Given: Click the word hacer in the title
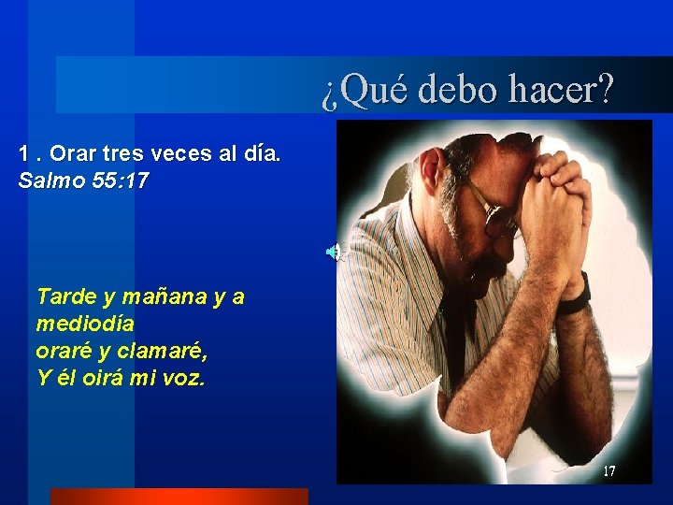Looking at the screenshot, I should point(562,90).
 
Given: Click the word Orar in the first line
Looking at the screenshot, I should point(74,152).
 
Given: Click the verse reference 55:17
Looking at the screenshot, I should point(122,180).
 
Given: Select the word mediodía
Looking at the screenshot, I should point(85,324).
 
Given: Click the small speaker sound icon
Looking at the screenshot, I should point(334,252).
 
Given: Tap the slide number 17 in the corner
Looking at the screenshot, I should point(609,471).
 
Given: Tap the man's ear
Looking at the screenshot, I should point(432,173).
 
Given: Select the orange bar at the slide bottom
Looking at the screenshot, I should point(179,497).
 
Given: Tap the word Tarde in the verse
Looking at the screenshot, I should point(65,297).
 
